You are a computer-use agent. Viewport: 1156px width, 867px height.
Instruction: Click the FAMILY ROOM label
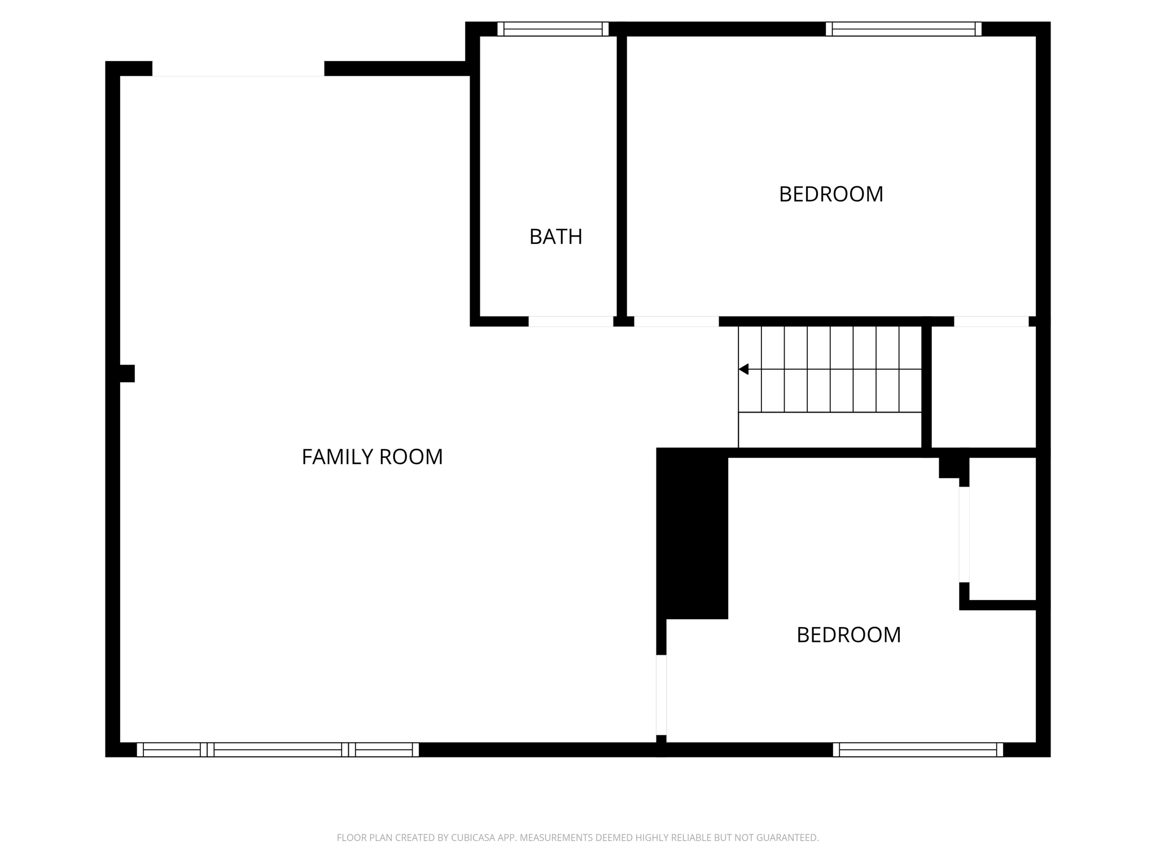click(372, 457)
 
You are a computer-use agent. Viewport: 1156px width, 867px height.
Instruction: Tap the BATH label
click(555, 237)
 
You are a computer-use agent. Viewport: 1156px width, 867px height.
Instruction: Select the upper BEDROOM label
click(831, 194)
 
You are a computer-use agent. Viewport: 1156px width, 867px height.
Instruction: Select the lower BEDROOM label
click(848, 635)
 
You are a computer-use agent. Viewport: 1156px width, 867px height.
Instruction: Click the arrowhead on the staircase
click(744, 369)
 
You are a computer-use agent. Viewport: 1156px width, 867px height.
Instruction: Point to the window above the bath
click(553, 29)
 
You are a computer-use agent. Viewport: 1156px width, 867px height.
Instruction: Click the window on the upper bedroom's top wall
click(903, 29)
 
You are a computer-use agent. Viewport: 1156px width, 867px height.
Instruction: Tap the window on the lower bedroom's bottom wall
click(918, 750)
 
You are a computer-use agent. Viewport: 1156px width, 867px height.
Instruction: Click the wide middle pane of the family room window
click(278, 750)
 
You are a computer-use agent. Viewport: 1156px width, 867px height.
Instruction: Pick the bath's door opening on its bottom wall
click(571, 321)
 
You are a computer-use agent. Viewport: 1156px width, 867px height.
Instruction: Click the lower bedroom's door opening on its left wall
click(661, 695)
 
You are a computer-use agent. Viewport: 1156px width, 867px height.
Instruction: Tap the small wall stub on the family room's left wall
click(127, 373)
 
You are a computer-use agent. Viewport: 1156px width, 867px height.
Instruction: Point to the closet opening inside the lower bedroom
click(964, 534)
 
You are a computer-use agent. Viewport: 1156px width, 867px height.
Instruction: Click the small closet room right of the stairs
click(983, 387)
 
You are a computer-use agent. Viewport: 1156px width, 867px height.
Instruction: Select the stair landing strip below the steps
click(830, 430)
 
